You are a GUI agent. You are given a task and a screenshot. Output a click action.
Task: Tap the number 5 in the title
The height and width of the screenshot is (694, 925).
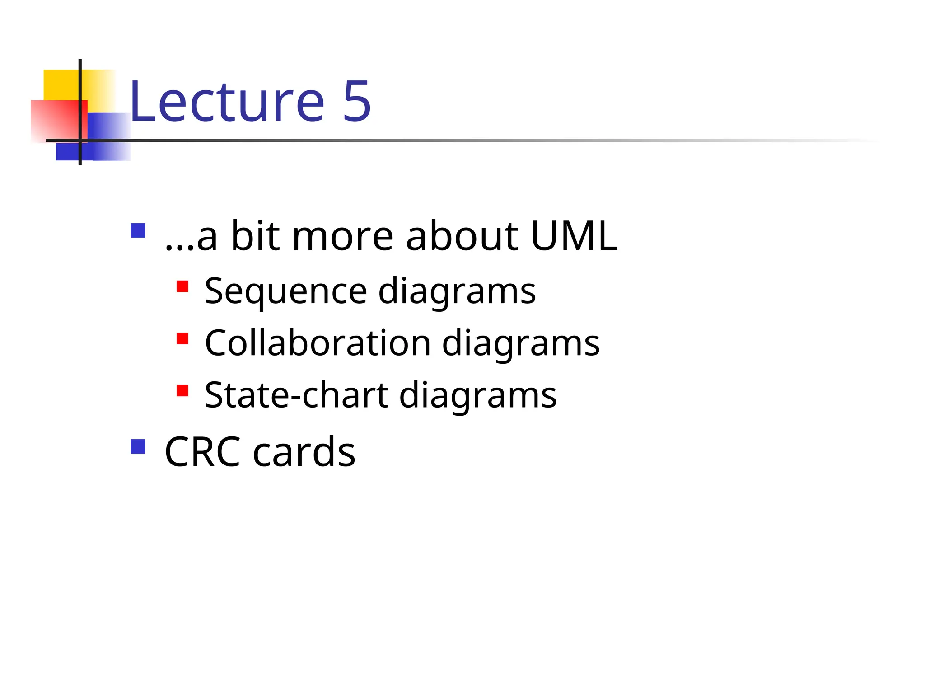[357, 102]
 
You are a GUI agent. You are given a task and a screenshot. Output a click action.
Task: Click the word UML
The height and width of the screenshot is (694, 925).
[574, 236]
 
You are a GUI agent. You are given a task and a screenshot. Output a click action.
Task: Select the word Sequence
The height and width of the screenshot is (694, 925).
[285, 291]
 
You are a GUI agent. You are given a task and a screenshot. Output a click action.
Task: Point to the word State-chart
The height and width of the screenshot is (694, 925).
[296, 395]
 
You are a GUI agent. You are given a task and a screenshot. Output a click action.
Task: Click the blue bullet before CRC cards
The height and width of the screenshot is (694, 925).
[138, 446]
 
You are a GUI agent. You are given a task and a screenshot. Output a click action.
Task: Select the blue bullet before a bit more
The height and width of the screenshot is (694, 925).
[138, 230]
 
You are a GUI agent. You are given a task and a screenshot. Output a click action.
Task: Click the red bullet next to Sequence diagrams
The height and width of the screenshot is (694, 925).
[182, 286]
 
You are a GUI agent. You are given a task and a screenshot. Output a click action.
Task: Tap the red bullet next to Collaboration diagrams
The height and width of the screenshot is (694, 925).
[182, 338]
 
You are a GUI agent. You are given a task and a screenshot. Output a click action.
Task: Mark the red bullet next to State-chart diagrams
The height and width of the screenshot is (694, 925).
[182, 390]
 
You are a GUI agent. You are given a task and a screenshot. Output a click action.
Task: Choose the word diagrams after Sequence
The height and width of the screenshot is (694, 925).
[457, 291]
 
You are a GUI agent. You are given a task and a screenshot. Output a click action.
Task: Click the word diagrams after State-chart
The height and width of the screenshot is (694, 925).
[477, 395]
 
